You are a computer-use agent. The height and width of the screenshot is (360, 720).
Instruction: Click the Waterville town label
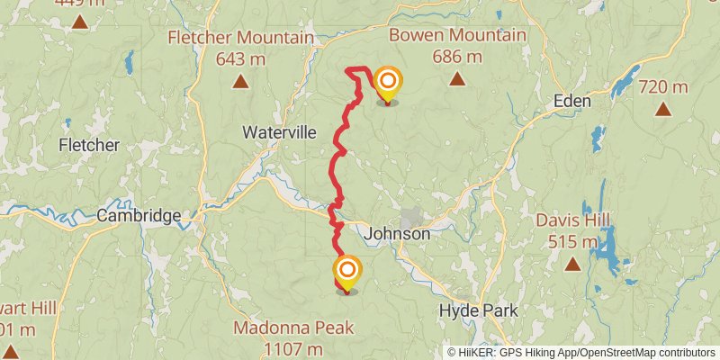tap(280, 132)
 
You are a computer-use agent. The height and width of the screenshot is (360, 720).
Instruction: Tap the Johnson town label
tap(398, 234)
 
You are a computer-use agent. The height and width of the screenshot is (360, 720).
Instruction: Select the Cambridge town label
tap(139, 216)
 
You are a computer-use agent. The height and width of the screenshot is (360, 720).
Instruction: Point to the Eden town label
tap(572, 101)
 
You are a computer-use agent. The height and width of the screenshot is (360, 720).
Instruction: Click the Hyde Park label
tap(478, 310)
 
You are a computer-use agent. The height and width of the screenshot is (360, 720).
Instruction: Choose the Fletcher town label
tap(88, 145)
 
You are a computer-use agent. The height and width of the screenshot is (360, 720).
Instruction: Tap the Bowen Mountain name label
tap(457, 35)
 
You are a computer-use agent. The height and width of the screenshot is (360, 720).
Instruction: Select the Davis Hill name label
tap(572, 220)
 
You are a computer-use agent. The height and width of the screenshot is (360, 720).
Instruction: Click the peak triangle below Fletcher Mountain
tap(240, 83)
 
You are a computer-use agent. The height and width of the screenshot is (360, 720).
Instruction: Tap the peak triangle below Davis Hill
tap(572, 265)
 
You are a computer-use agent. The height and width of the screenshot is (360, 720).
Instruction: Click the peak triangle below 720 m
tap(663, 110)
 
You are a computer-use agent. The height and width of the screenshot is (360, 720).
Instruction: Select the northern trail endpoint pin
tap(388, 85)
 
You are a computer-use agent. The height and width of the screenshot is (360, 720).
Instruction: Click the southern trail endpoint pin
tap(347, 273)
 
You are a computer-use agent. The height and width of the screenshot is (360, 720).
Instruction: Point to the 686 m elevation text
tap(457, 57)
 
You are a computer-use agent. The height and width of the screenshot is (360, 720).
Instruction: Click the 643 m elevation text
tap(239, 59)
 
